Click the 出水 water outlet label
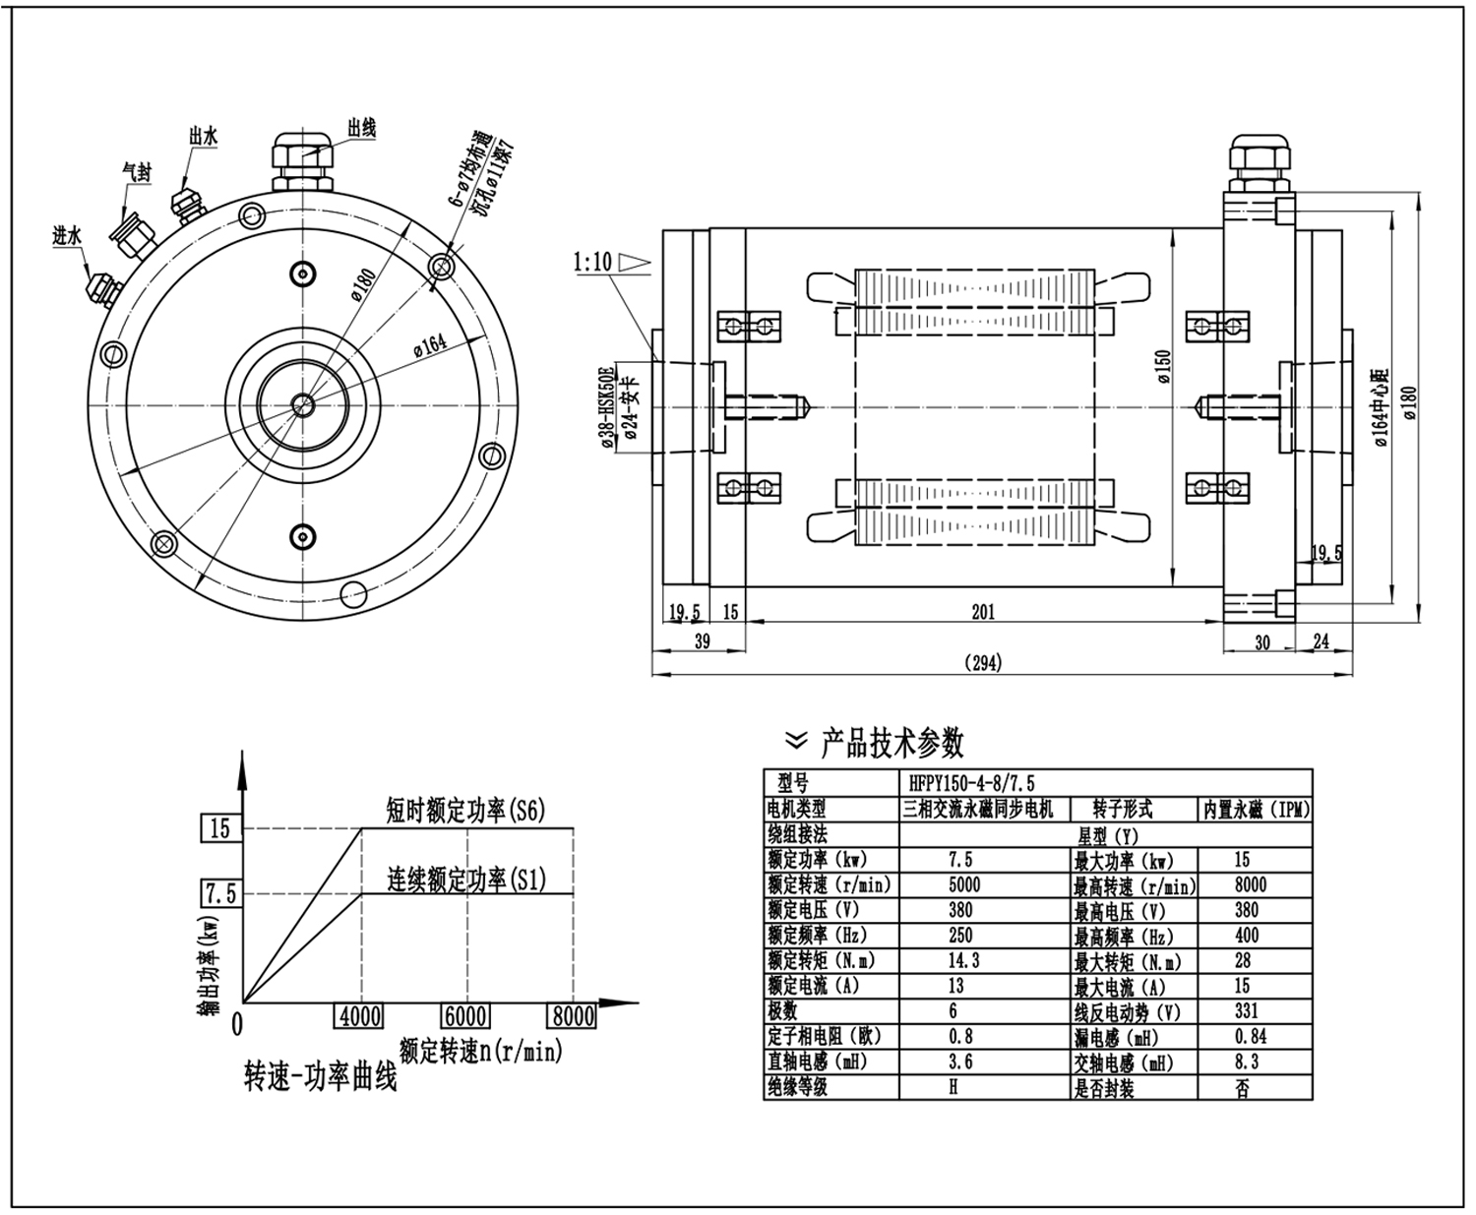(204, 137)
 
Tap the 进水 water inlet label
(67, 236)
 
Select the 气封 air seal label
(137, 171)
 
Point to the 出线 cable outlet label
(361, 129)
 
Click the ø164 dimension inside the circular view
(430, 344)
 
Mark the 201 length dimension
(983, 612)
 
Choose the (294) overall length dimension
(983, 663)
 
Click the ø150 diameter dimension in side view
(1163, 364)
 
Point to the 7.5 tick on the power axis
(219, 893)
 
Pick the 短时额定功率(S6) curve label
(465, 810)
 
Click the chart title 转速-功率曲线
(320, 1078)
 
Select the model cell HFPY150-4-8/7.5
(973, 783)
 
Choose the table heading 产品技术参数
(892, 744)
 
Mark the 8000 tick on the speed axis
(572, 1016)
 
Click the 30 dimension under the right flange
(1262, 642)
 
